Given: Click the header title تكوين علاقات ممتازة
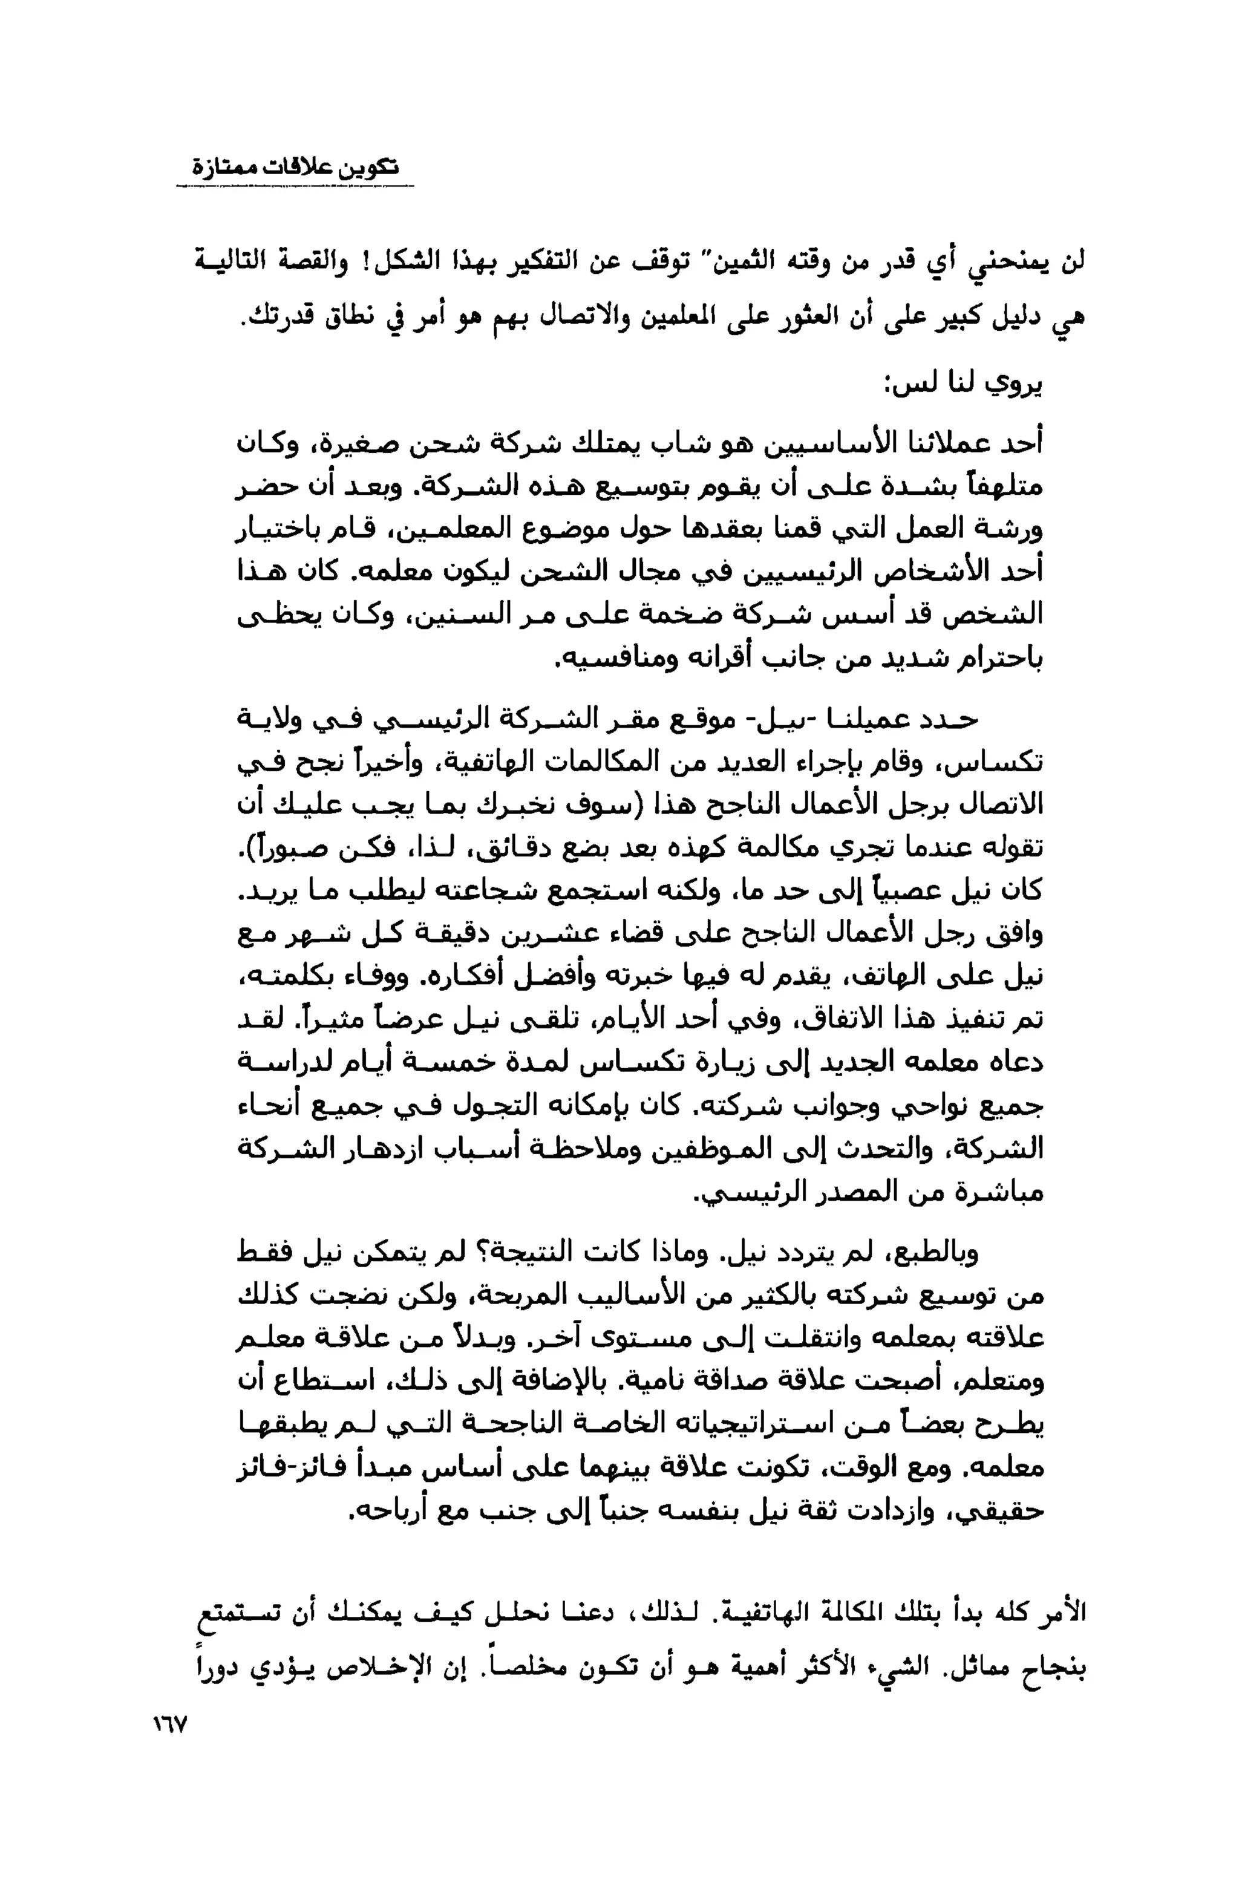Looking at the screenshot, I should (296, 168).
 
